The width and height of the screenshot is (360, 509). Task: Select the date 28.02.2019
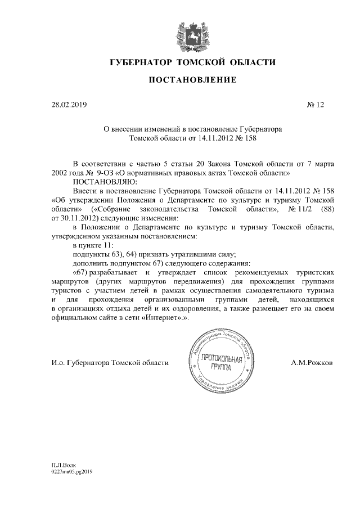(69, 105)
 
